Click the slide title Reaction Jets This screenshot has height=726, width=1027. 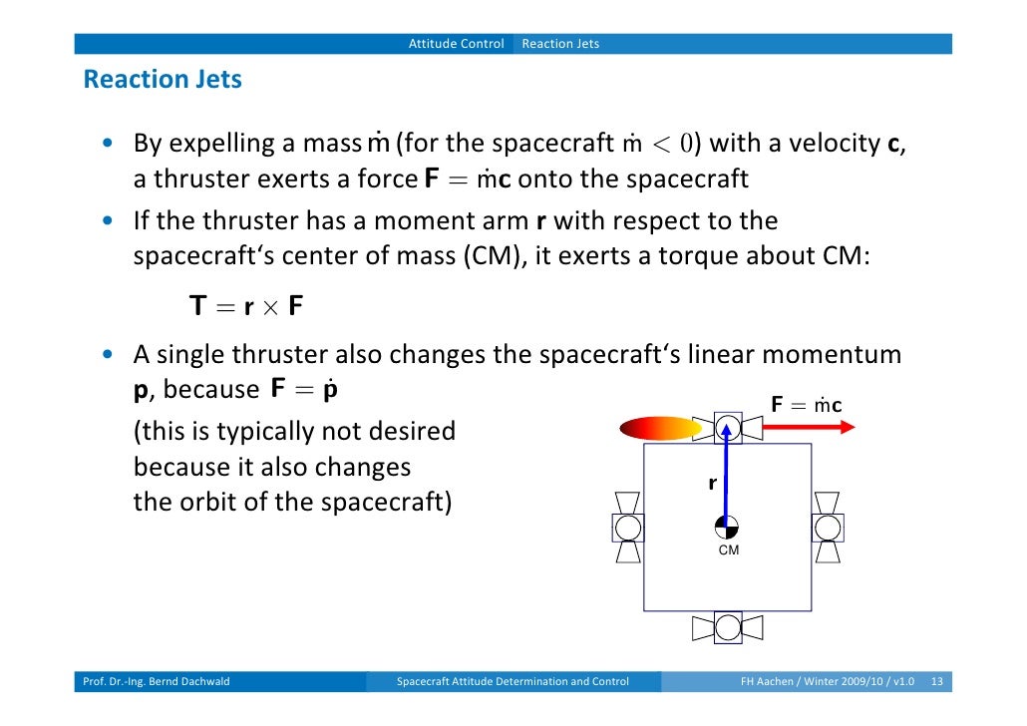pyautogui.click(x=163, y=80)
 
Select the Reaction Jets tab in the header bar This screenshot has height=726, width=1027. pyautogui.click(x=560, y=44)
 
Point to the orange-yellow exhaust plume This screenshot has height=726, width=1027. pyautogui.click(x=660, y=429)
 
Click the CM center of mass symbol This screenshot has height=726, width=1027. pyautogui.click(x=728, y=528)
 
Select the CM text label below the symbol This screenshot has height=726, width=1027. pyautogui.click(x=729, y=550)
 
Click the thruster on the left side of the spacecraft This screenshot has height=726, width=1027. pyautogui.click(x=627, y=527)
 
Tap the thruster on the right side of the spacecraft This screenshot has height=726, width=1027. pyautogui.click(x=827, y=527)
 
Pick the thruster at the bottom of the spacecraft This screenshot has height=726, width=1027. pyautogui.click(x=728, y=627)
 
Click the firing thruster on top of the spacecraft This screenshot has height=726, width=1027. pyautogui.click(x=728, y=428)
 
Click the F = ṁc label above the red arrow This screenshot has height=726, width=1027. pyautogui.click(x=806, y=405)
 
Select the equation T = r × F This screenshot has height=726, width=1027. pyautogui.click(x=245, y=306)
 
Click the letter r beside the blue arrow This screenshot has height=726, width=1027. pyautogui.click(x=712, y=484)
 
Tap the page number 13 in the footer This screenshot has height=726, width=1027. pyautogui.click(x=936, y=682)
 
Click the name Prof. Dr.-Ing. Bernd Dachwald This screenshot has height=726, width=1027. pyautogui.click(x=156, y=682)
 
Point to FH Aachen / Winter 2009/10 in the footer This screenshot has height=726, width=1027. pyautogui.click(x=808, y=682)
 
